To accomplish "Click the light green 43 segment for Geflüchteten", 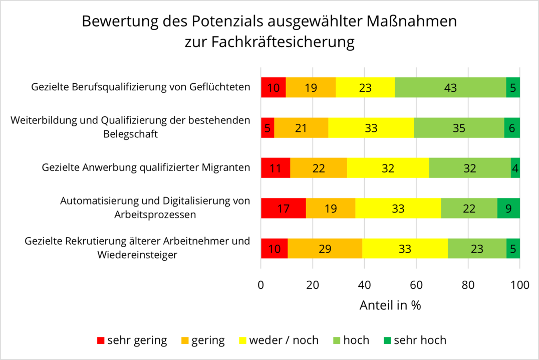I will [x=450, y=88].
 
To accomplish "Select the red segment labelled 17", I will [x=283, y=208].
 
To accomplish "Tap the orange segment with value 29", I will [x=325, y=249].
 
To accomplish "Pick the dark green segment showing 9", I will [x=508, y=208].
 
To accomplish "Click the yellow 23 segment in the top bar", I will [x=365, y=88].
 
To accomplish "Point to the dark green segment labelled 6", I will [x=511, y=128].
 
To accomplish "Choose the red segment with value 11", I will [x=276, y=168].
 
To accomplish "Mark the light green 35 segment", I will [x=459, y=128].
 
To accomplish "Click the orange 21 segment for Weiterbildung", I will [x=301, y=128].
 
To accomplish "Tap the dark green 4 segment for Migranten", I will [x=515, y=168].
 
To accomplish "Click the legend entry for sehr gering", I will [x=132, y=340].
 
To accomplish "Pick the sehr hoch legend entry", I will [x=420, y=340].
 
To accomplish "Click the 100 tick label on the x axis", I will [x=519, y=285].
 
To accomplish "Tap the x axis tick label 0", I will [x=261, y=285].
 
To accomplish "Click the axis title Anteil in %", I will [x=390, y=305].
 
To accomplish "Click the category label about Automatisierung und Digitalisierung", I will [x=154, y=208].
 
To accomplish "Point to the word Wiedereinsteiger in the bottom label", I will [x=138, y=255].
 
